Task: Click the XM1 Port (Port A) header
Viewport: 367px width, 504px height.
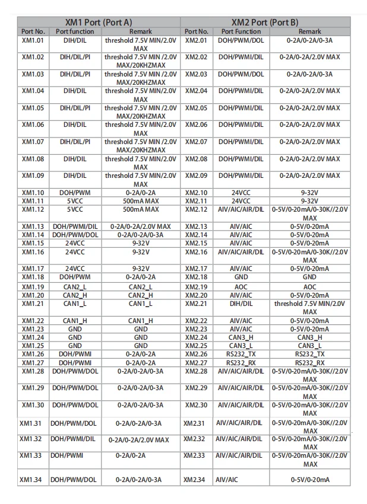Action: (x=99, y=22)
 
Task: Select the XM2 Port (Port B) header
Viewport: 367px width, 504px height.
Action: (x=265, y=22)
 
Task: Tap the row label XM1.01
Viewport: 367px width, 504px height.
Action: (x=33, y=41)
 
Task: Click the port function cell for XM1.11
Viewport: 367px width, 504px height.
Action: (x=75, y=201)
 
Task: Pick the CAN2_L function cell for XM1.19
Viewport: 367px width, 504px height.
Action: (x=75, y=287)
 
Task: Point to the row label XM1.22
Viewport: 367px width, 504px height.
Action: (x=33, y=321)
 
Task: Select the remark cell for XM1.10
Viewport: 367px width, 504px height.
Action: (x=141, y=193)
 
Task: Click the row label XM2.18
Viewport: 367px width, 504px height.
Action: (x=196, y=277)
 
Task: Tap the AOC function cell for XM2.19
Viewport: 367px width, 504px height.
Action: (x=241, y=287)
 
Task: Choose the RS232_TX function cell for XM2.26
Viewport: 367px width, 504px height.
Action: (x=241, y=354)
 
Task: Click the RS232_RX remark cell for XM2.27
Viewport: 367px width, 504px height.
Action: (x=310, y=362)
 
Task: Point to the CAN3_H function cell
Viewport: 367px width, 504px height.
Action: (x=241, y=337)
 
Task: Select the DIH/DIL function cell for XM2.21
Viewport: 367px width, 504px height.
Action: (x=241, y=304)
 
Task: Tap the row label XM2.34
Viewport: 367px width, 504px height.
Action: (x=195, y=479)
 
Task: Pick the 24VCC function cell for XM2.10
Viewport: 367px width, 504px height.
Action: (x=241, y=193)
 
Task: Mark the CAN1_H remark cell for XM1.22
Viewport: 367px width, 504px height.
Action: (x=141, y=321)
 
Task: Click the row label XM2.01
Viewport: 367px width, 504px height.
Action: (x=196, y=41)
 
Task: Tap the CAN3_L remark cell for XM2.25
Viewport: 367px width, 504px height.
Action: (x=310, y=346)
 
